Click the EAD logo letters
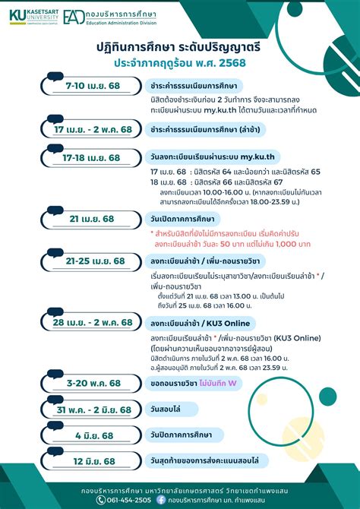74,17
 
